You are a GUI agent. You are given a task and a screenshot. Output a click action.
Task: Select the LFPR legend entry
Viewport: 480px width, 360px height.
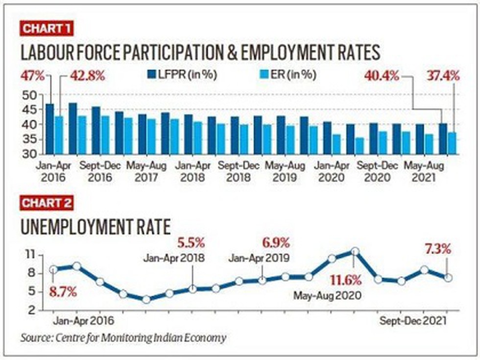tap(182, 75)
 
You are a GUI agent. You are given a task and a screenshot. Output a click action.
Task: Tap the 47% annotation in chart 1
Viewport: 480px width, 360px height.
tap(33, 76)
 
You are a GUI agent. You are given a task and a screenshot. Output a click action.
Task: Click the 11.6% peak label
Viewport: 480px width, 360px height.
tap(345, 281)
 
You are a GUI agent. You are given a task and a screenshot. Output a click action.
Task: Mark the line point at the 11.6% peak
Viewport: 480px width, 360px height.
tap(355, 251)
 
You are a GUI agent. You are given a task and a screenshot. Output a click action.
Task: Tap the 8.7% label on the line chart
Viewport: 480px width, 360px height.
tap(63, 292)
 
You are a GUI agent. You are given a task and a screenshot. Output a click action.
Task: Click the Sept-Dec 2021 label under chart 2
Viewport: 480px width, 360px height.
tap(413, 321)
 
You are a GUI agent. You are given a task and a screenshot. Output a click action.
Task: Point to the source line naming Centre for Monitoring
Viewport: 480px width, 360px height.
tap(123, 338)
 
